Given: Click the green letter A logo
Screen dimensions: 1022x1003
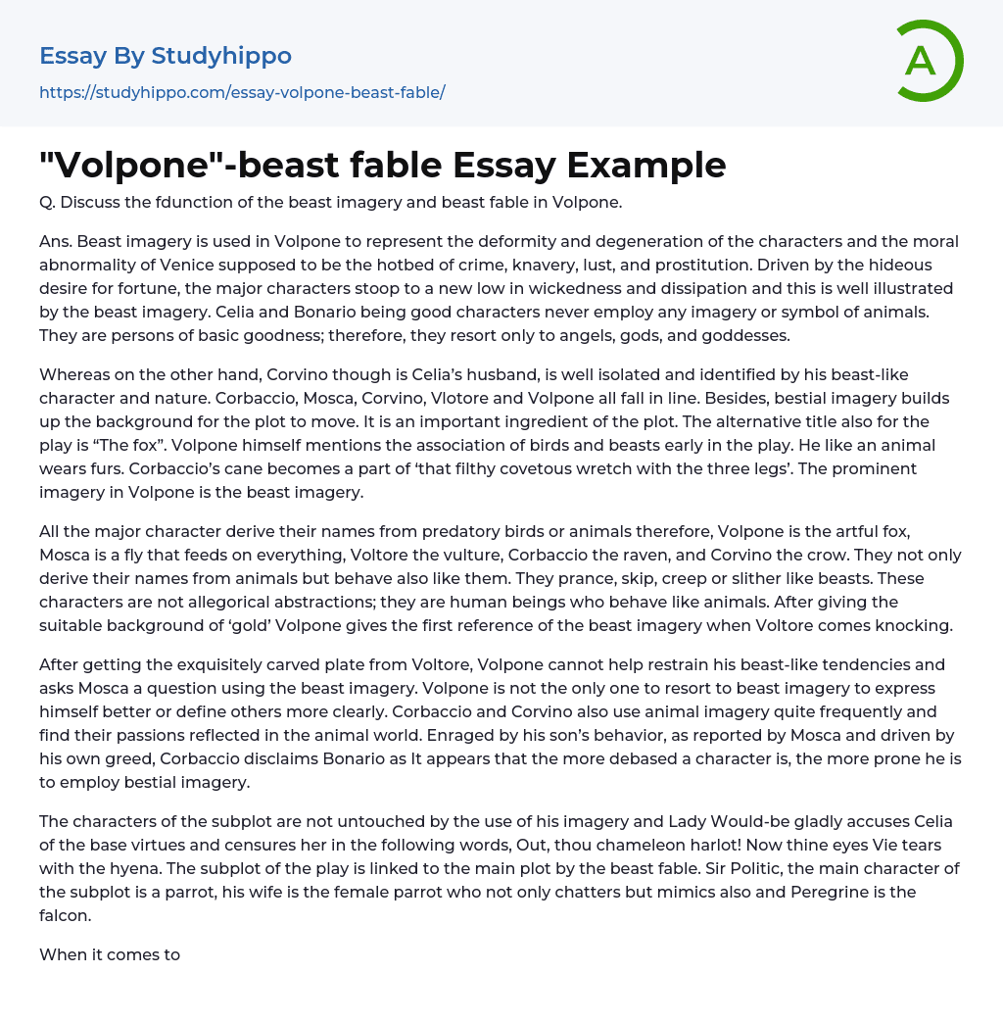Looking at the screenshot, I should [929, 61].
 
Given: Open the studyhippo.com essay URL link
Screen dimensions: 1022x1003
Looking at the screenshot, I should [242, 92].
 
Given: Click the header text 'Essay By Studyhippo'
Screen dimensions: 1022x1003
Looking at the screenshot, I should [166, 56].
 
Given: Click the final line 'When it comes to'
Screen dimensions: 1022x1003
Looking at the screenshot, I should [110, 953].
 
